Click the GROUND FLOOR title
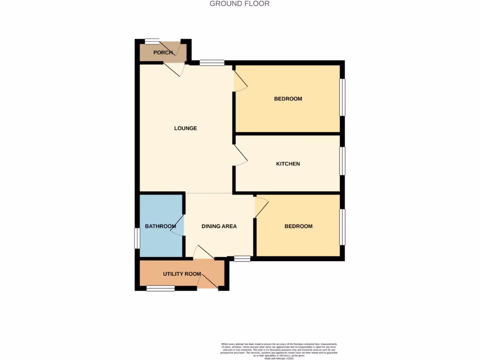[240, 4]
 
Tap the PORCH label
[163, 52]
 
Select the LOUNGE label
[186, 128]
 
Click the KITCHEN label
[288, 164]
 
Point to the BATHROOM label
[160, 226]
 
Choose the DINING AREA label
[219, 226]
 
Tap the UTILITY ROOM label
[182, 274]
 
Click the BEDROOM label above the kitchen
[288, 99]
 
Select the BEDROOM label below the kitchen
[299, 226]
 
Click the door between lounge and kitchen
[240, 155]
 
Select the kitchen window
[343, 162]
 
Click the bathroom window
[136, 238]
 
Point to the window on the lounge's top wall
[211, 62]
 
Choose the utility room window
[160, 289]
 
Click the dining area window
[242, 258]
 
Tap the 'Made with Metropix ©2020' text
[279, 358]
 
